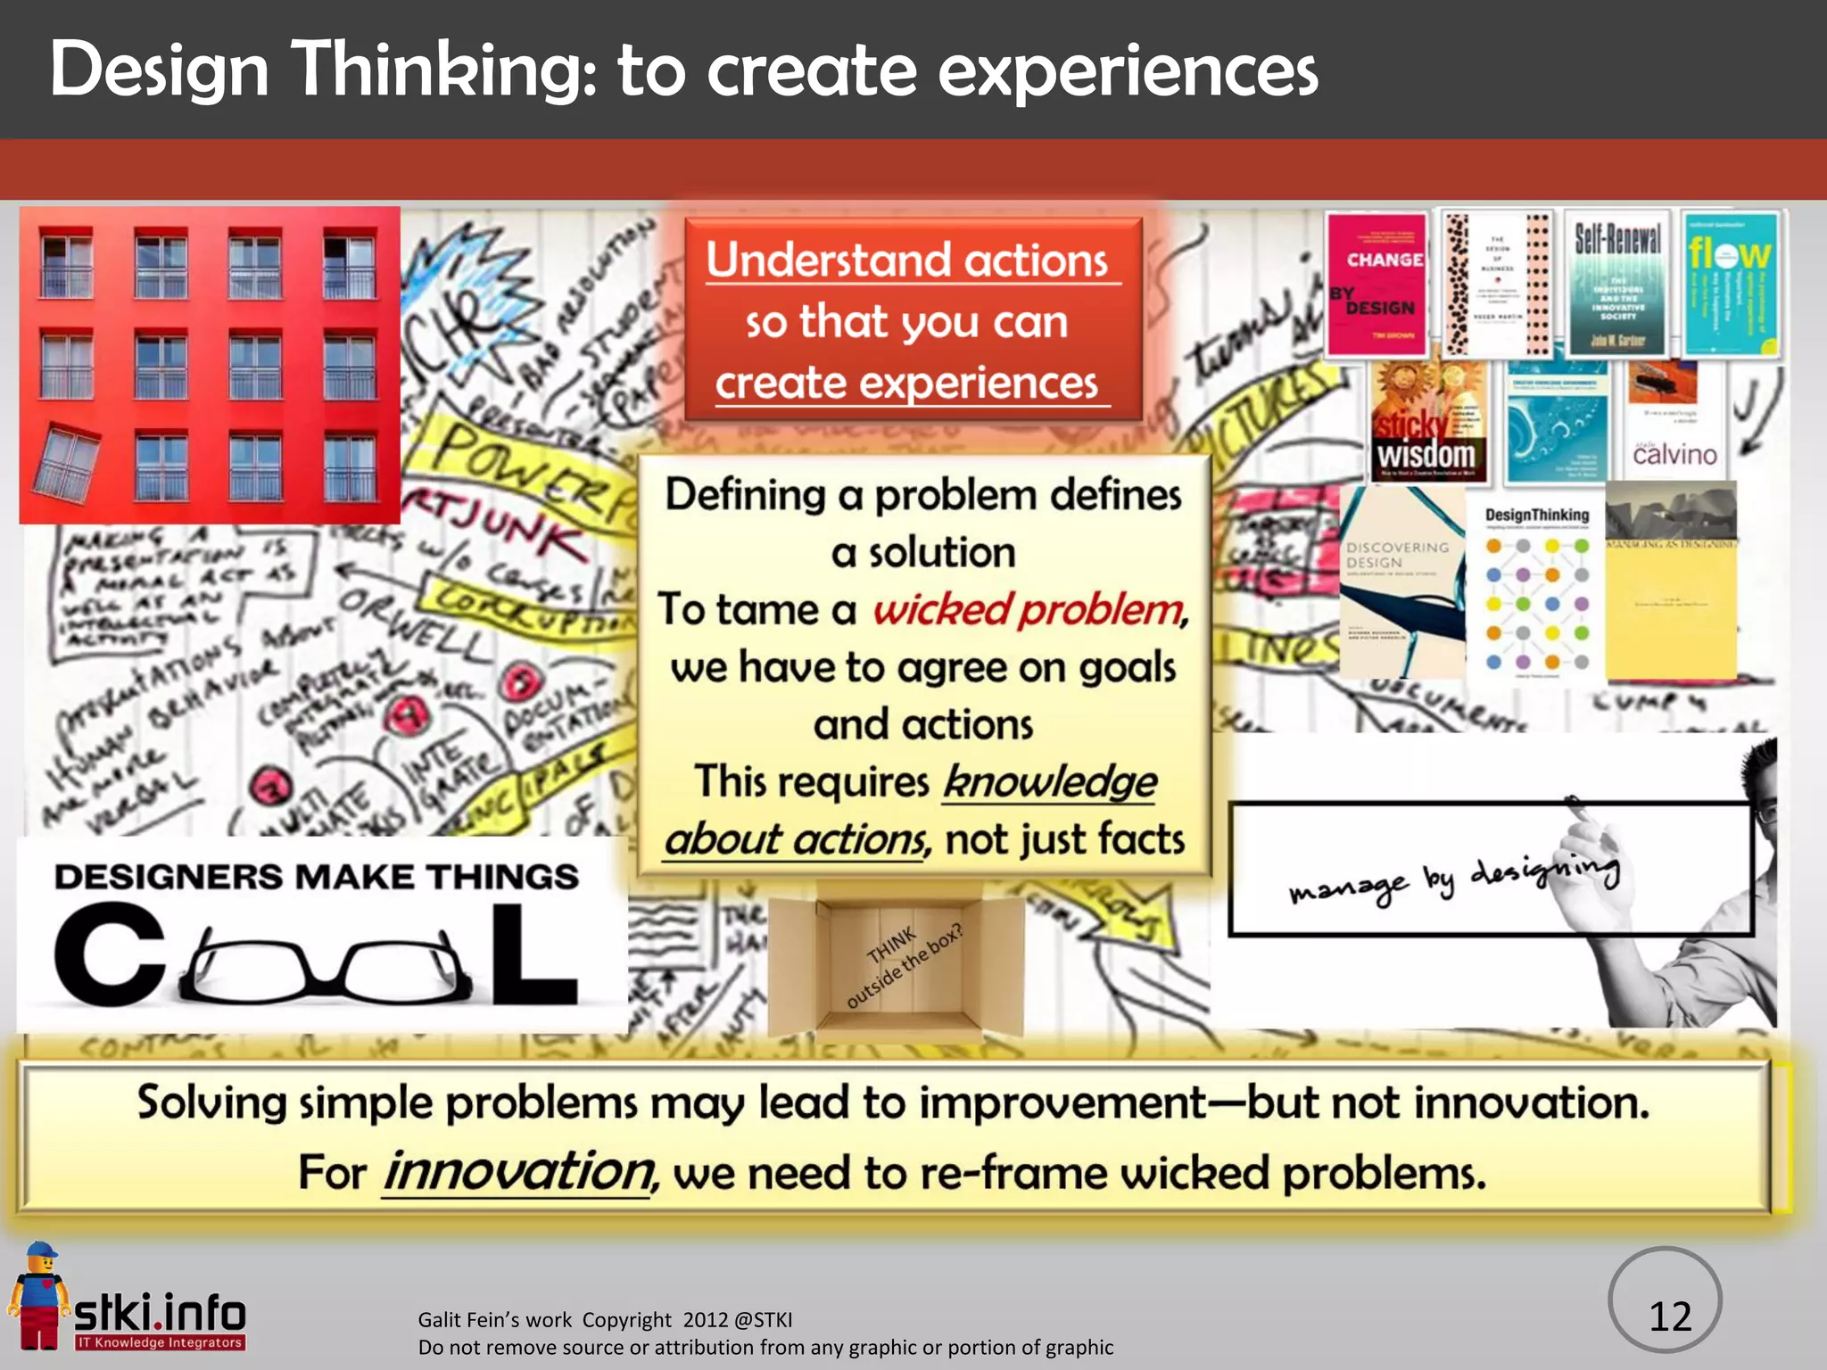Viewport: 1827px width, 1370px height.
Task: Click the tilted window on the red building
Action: pyautogui.click(x=66, y=462)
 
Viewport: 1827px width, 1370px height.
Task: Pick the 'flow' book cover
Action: pyautogui.click(x=1729, y=284)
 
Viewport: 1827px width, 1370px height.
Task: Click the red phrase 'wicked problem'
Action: pyautogui.click(x=1029, y=610)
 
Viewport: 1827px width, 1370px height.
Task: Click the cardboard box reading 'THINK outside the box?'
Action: pyautogui.click(x=896, y=963)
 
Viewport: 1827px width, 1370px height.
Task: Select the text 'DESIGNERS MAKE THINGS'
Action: pyautogui.click(x=316, y=877)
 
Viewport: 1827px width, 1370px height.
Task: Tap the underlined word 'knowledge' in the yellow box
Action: pyautogui.click(x=1050, y=782)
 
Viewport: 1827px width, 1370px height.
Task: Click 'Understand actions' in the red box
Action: pyautogui.click(x=907, y=260)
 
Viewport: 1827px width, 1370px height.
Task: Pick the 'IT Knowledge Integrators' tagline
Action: pyautogui.click(x=161, y=1342)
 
